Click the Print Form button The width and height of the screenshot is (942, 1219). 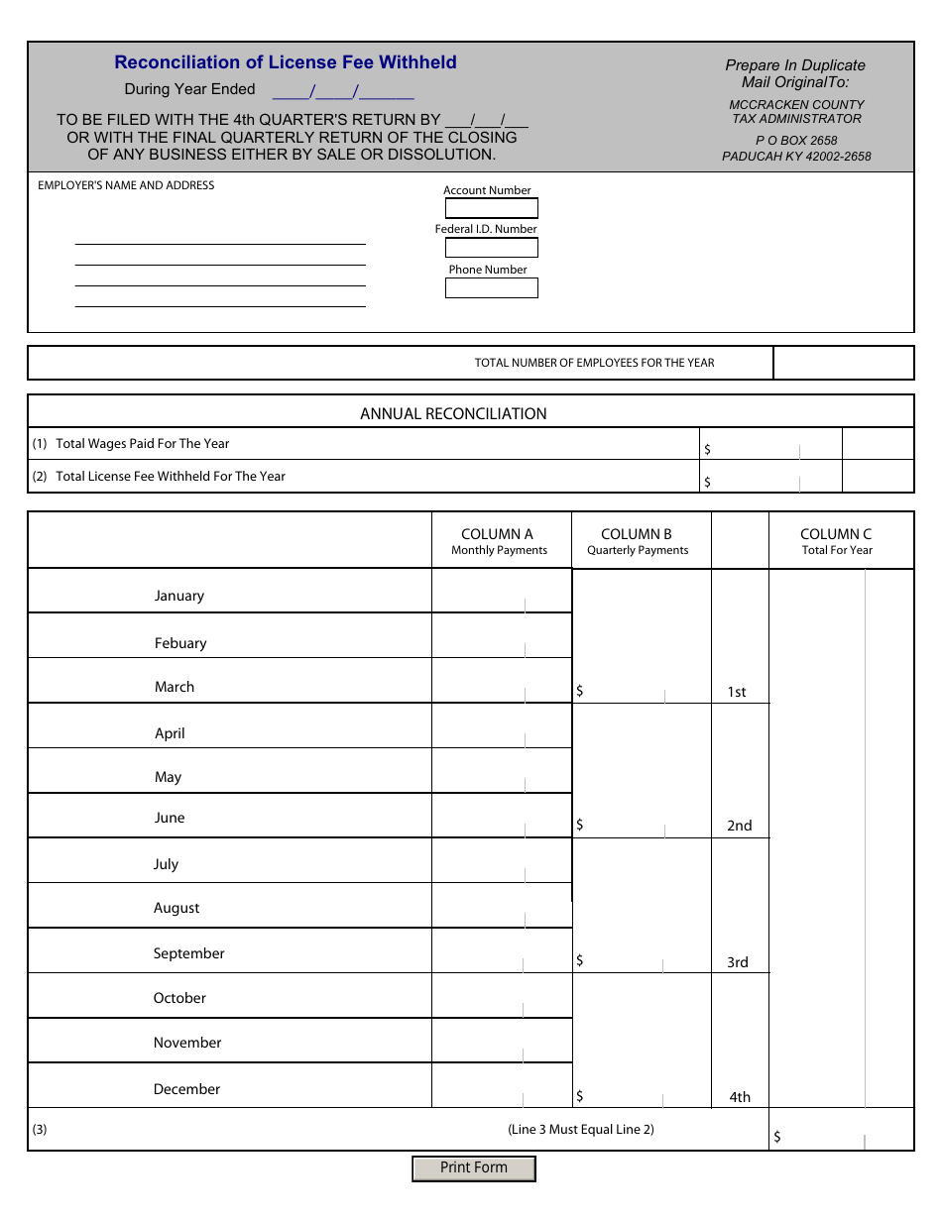(474, 1168)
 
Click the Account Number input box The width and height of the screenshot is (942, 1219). (491, 208)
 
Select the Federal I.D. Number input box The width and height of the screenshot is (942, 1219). (491, 248)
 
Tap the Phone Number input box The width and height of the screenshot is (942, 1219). (491, 287)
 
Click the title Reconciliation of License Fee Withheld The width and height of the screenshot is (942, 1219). (286, 62)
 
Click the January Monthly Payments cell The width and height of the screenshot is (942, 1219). (501, 592)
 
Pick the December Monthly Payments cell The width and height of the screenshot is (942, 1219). (501, 1086)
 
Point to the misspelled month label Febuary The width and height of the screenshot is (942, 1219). (180, 643)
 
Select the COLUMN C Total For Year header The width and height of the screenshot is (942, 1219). (836, 541)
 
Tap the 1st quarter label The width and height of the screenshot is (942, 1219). (737, 692)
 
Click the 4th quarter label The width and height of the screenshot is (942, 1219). (740, 1097)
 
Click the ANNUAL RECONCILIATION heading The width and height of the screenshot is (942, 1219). (453, 413)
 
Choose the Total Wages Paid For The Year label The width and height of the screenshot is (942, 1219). (143, 444)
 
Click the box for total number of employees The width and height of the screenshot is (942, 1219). (843, 363)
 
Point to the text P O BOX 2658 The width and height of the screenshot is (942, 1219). (796, 141)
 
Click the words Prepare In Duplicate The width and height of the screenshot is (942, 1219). (795, 65)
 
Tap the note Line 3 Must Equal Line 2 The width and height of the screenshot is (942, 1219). (581, 1129)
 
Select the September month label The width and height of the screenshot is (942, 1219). (188, 953)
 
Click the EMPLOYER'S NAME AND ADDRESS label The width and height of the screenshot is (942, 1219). (126, 185)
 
